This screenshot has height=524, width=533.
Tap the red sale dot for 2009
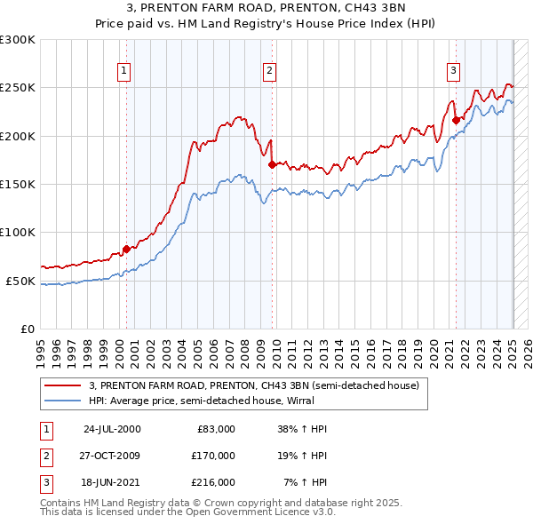(272, 163)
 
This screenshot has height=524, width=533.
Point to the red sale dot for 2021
(456, 120)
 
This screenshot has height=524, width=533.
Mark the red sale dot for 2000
(126, 249)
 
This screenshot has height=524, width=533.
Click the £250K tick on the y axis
(18, 88)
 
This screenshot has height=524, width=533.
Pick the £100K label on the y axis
(18, 232)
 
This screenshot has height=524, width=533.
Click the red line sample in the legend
(64, 385)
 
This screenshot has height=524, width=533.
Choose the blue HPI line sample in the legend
(64, 401)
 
